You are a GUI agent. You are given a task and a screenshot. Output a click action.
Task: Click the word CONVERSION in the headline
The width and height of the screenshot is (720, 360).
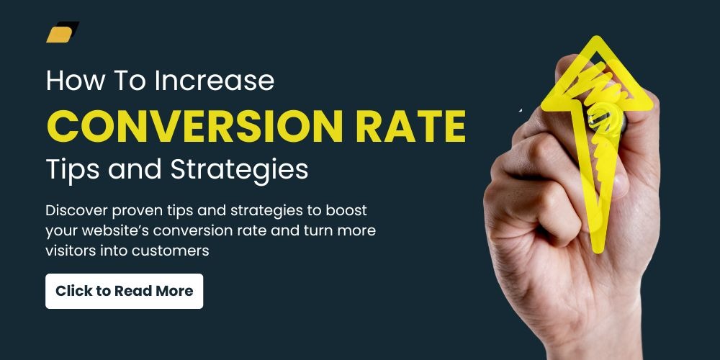pos(194,125)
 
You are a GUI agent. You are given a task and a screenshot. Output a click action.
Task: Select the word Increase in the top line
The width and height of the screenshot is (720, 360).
pos(215,81)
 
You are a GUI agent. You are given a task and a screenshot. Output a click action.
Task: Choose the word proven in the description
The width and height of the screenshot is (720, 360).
pos(133,212)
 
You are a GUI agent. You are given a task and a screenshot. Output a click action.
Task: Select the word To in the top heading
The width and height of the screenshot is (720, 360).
pos(129,81)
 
